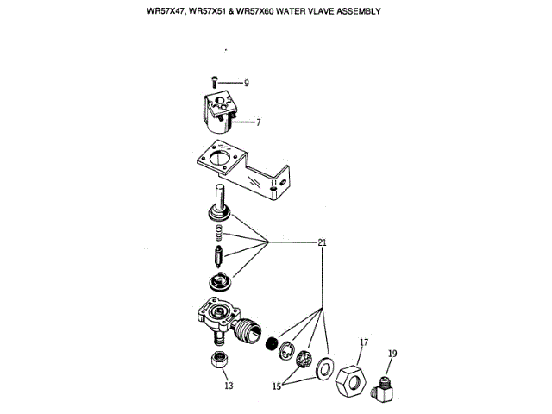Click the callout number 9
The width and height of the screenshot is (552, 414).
tap(246, 83)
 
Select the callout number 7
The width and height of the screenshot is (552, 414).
tap(258, 122)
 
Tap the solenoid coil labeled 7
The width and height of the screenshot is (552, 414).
tap(226, 113)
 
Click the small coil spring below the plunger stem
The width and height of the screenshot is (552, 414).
tap(218, 233)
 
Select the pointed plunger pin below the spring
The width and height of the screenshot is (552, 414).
tap(218, 258)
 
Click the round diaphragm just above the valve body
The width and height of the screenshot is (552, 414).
tap(221, 280)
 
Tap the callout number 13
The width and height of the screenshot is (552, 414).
tap(229, 386)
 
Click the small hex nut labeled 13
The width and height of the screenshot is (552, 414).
tap(218, 360)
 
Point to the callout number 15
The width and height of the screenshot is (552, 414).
tap(278, 386)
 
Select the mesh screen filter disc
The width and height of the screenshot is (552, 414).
tap(304, 360)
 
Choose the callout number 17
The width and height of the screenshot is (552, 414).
tap(363, 342)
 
